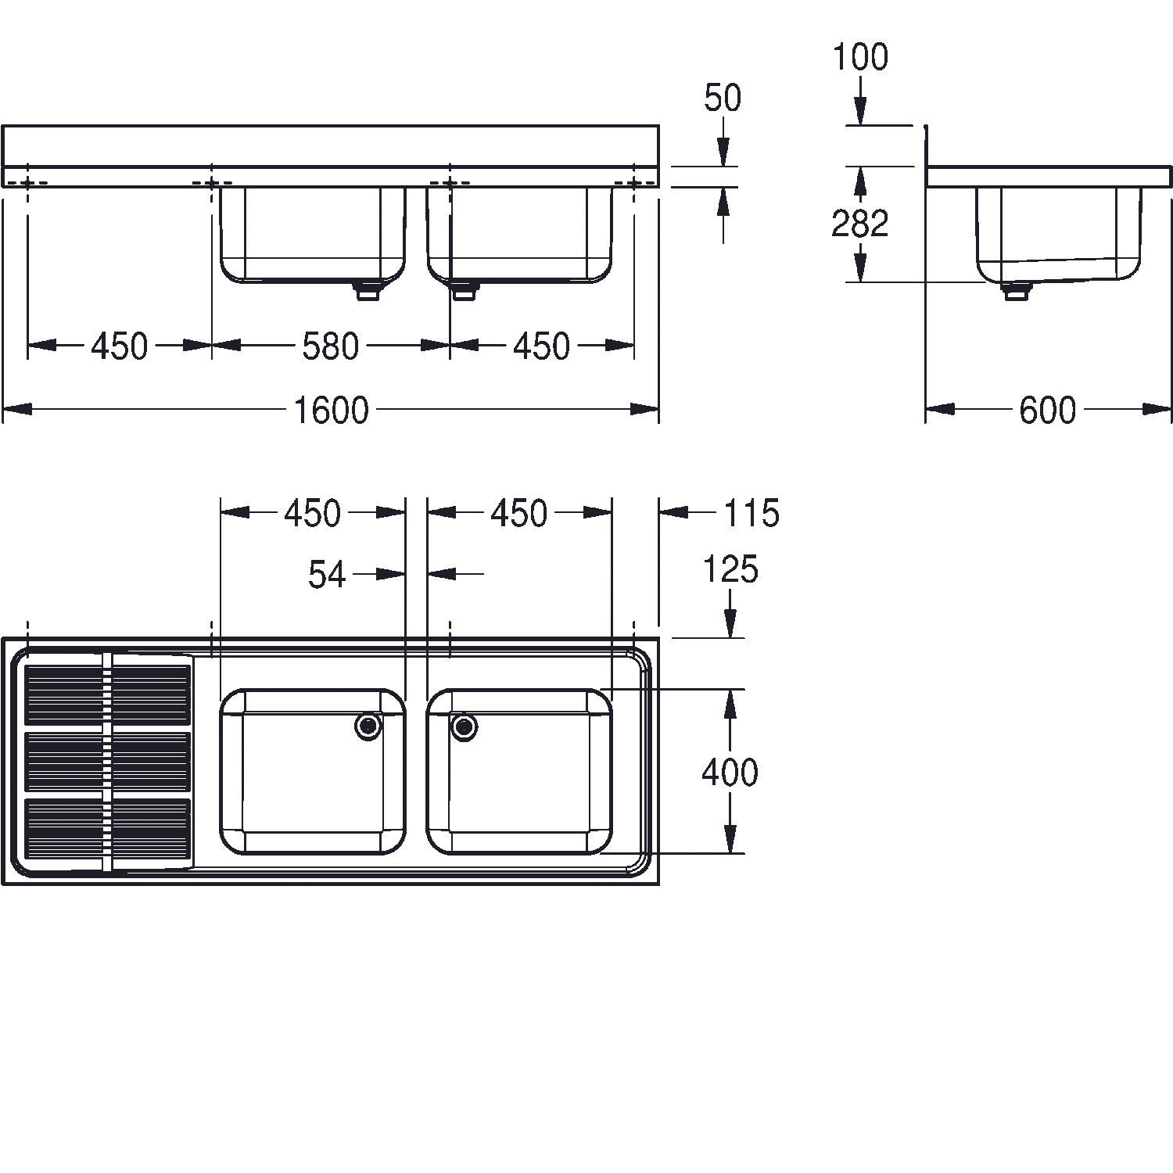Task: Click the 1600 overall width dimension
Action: click(x=331, y=410)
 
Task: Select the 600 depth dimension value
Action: click(x=1047, y=410)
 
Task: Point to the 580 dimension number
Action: click(x=331, y=346)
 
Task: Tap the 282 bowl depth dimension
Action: click(x=860, y=224)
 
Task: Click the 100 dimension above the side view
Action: click(x=860, y=58)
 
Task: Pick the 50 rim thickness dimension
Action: click(x=723, y=99)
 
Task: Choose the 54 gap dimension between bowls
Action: click(x=327, y=575)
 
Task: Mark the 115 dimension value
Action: click(x=751, y=513)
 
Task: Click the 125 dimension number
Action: click(x=730, y=570)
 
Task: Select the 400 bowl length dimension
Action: click(x=730, y=773)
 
